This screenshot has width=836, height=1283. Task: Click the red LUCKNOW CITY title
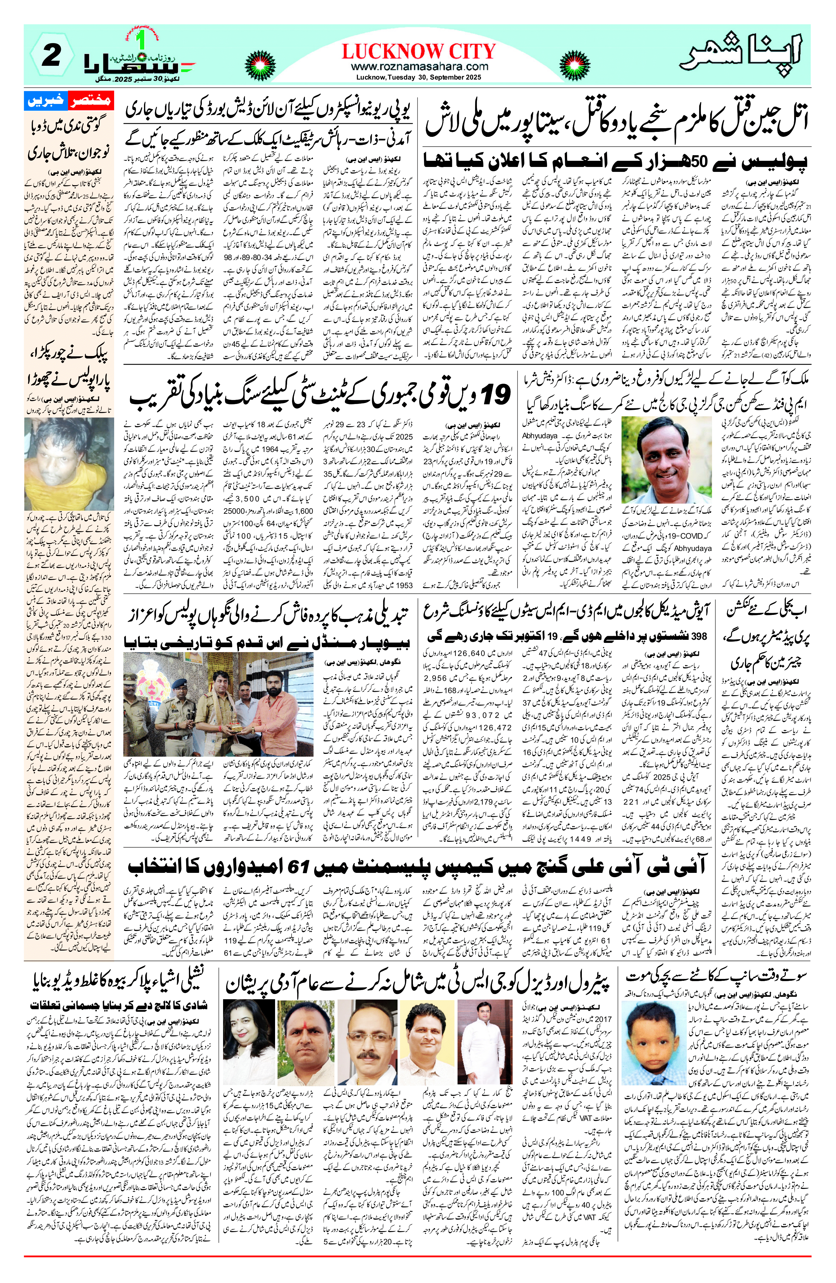coord(418,52)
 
